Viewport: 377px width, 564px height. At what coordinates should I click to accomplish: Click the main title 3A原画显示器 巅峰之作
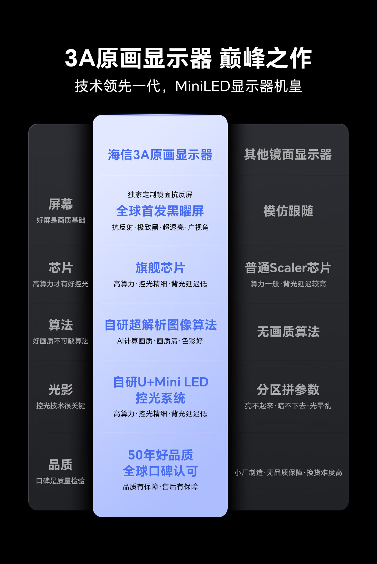coord(188,58)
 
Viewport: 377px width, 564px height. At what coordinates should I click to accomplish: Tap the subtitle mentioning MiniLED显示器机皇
coord(188,86)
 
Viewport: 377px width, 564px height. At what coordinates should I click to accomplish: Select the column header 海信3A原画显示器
coord(160,155)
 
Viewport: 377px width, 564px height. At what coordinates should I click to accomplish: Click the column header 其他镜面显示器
coord(288,155)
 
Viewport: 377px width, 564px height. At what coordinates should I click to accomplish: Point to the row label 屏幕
coord(61,204)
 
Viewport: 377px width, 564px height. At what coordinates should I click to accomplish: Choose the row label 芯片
coord(61,268)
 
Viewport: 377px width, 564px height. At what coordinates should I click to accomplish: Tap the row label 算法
coord(61,325)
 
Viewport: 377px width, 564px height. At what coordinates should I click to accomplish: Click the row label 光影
coord(61,390)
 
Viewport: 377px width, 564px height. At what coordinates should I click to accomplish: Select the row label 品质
coord(61,465)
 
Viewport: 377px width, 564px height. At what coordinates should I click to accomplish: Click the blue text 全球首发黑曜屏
coord(160,211)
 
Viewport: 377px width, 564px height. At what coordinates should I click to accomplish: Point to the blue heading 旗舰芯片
coord(160,268)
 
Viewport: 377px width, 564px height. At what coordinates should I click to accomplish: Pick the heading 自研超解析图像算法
coord(161,325)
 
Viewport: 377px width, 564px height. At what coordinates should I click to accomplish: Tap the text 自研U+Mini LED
coord(161,382)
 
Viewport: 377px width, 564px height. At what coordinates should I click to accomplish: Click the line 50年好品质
coord(160,455)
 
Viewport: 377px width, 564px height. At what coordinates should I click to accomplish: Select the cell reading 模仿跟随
coord(288,211)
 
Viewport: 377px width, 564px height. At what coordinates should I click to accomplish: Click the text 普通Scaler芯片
coord(288,268)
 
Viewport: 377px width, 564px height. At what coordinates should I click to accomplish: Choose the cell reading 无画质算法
coord(288,332)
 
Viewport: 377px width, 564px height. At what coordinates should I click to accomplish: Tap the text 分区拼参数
coord(288,390)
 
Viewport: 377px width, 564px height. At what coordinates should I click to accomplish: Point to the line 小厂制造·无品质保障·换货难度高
coord(288,472)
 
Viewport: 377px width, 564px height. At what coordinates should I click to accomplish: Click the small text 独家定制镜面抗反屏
coord(160,195)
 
